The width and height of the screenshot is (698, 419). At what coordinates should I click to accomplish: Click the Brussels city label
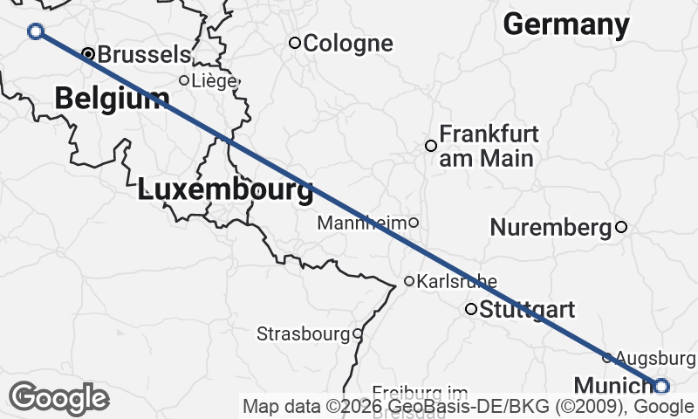[143, 54]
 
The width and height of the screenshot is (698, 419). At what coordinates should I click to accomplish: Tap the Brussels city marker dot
[88, 54]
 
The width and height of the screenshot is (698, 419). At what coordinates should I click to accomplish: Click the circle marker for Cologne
[295, 43]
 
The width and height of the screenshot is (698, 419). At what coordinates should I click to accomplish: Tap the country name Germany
[566, 24]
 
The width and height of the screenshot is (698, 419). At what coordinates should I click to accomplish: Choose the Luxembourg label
[225, 189]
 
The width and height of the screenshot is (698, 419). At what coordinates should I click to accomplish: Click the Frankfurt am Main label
[489, 146]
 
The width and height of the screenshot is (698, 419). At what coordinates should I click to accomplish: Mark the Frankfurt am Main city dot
[430, 146]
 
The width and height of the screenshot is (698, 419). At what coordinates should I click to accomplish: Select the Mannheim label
[362, 223]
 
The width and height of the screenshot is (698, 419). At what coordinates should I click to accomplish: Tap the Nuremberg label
[551, 228]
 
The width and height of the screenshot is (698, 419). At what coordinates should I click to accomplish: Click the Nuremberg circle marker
[621, 227]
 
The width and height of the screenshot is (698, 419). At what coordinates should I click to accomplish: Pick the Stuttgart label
[527, 309]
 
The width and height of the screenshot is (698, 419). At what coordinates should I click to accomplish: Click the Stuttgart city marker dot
[471, 308]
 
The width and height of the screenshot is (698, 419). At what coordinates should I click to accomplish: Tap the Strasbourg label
[303, 333]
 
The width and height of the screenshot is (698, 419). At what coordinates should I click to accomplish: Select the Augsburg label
[655, 358]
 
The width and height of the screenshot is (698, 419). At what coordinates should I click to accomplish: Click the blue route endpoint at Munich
[660, 386]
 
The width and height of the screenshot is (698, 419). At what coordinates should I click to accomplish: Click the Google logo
[59, 398]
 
